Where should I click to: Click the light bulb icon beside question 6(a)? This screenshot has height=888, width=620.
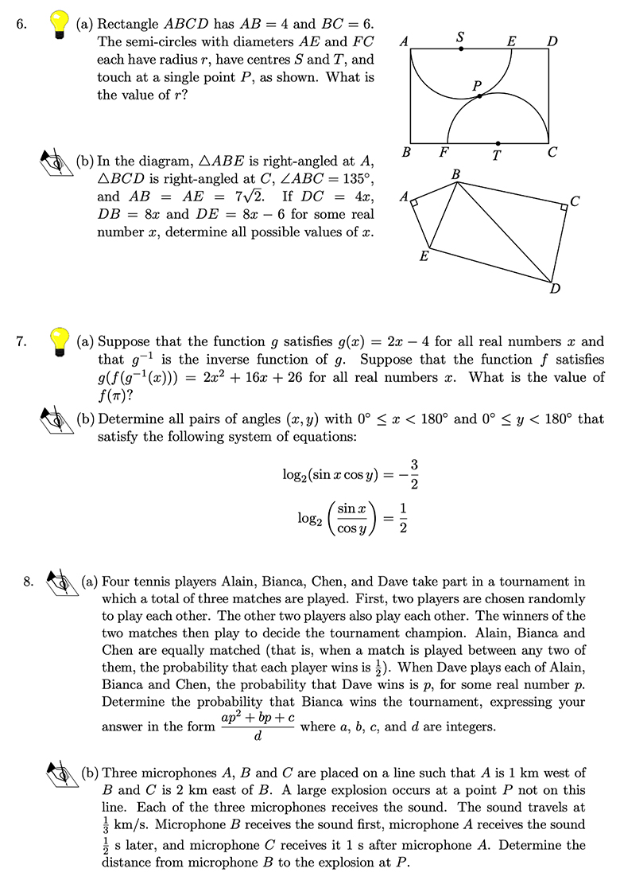click(60, 24)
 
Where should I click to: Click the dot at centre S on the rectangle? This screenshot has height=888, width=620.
click(462, 49)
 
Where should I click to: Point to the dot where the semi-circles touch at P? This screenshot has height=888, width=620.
click(479, 96)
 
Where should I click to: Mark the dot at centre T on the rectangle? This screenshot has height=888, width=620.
click(498, 143)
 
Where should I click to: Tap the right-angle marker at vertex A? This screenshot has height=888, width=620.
click(417, 204)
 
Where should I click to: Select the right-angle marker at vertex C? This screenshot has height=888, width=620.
click(563, 207)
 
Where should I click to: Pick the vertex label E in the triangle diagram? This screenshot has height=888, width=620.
click(424, 256)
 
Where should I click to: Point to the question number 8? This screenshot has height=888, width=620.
click(29, 582)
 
